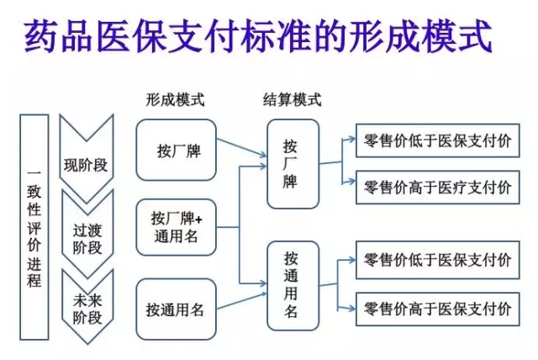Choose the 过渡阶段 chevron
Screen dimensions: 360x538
87,239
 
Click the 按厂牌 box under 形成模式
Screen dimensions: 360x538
177,151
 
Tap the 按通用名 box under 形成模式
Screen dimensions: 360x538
177,310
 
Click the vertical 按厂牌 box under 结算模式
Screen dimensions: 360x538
293,164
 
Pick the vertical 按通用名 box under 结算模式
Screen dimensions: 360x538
293,283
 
